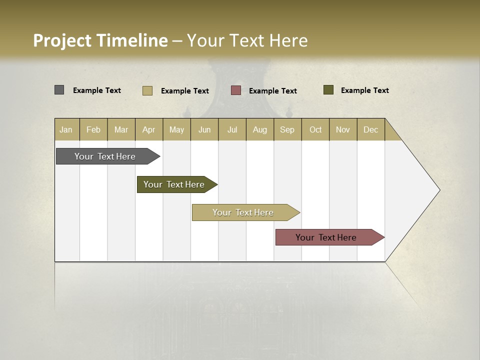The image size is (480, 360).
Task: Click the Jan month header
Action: [66, 129]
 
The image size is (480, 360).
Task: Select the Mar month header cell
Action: [121, 129]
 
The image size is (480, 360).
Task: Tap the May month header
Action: [176, 129]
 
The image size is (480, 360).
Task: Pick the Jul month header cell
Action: [232, 129]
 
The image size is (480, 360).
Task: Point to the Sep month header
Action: [287, 129]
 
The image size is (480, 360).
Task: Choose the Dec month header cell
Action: [370, 129]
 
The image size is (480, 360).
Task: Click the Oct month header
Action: [315, 129]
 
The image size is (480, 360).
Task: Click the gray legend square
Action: [59, 90]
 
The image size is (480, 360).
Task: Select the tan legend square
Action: [147, 90]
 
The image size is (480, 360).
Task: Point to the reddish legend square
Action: [236, 90]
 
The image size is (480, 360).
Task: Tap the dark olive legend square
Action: [328, 90]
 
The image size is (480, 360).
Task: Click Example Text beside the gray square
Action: [97, 90]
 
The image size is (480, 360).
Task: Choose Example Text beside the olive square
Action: [365, 90]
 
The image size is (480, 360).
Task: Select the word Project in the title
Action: [62, 40]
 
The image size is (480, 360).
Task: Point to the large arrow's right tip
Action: [439, 190]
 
